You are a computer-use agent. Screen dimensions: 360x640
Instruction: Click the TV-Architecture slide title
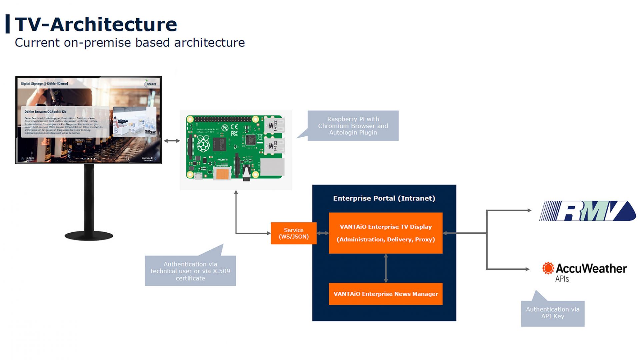[x=96, y=24]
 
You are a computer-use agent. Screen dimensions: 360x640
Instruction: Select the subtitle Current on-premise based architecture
[x=130, y=43]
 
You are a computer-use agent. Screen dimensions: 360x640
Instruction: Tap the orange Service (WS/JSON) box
[x=293, y=233]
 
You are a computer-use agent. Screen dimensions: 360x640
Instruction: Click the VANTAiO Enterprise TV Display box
[x=385, y=233]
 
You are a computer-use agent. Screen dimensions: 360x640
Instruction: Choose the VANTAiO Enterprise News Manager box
[x=385, y=294]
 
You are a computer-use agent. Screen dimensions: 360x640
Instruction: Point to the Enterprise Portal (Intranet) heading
[x=384, y=198]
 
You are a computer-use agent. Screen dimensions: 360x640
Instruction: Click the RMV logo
[x=587, y=211]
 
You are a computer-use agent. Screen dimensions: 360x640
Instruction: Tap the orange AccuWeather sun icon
[x=548, y=268]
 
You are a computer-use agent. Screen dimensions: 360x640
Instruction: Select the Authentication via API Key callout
[x=552, y=313]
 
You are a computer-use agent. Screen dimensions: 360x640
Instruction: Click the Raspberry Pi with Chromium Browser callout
[x=353, y=126]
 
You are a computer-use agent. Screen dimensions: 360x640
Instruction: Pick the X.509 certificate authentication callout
[x=190, y=271]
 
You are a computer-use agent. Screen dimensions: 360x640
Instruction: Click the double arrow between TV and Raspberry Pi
[x=172, y=141]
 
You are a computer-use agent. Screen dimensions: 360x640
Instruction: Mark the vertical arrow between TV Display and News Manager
[x=386, y=268]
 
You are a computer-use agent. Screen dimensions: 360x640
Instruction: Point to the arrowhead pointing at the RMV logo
[x=529, y=210]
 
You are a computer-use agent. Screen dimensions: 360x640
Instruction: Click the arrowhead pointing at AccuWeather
[x=527, y=269]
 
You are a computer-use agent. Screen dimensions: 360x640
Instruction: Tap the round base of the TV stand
[x=89, y=236]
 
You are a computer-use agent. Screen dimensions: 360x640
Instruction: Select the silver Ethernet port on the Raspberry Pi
[x=272, y=167]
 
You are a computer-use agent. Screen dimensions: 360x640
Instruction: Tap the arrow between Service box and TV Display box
[x=322, y=233]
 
